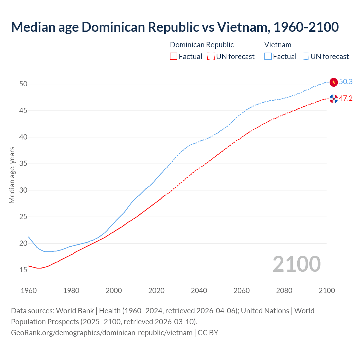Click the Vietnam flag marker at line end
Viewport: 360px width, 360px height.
tap(334, 82)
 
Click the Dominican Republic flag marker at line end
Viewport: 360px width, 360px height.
tap(334, 99)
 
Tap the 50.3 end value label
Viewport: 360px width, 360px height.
tap(346, 82)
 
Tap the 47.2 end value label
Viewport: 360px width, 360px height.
tap(346, 98)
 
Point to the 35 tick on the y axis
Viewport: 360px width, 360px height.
tap(23, 164)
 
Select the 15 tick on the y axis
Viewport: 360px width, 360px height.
tap(23, 270)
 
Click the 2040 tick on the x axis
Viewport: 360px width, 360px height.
tap(199, 291)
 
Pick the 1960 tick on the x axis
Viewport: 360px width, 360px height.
tap(29, 291)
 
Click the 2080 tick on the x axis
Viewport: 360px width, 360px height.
tap(284, 291)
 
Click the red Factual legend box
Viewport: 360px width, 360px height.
tap(174, 57)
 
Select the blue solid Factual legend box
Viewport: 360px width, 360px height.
tap(268, 57)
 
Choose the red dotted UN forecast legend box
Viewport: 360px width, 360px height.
tap(211, 57)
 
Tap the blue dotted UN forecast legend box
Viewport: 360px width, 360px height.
tap(305, 57)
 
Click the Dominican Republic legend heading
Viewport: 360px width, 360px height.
tap(202, 45)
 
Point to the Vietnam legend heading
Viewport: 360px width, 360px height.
tap(278, 45)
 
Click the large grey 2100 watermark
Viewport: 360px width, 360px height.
tap(296, 264)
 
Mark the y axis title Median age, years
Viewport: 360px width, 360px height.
tap(12, 175)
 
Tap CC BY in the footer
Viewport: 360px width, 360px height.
tap(208, 333)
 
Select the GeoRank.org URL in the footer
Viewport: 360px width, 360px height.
tap(102, 333)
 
